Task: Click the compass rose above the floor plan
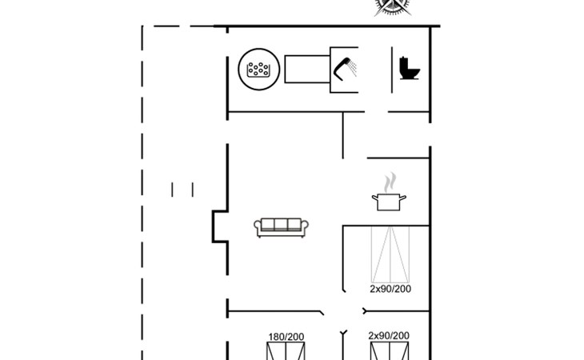pyautogui.click(x=390, y=6)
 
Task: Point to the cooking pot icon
pyautogui.click(x=389, y=202)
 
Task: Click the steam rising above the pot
pyautogui.click(x=390, y=181)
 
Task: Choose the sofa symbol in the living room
pyautogui.click(x=282, y=226)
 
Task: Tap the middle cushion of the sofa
pyautogui.click(x=282, y=225)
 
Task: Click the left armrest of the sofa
pyautogui.click(x=258, y=228)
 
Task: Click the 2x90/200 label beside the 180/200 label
pyautogui.click(x=389, y=336)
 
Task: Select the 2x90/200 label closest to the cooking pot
pyautogui.click(x=390, y=289)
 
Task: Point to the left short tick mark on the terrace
pyautogui.click(x=173, y=190)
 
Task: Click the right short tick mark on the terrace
pyautogui.click(x=193, y=190)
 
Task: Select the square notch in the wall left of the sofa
pyautogui.click(x=218, y=226)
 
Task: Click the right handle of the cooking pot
pyautogui.click(x=404, y=197)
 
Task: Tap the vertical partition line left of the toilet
pyautogui.click(x=391, y=70)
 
